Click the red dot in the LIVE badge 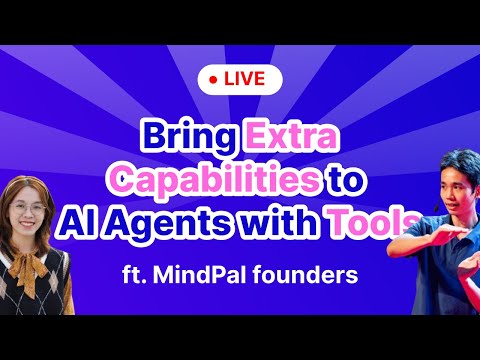(x=216, y=79)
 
